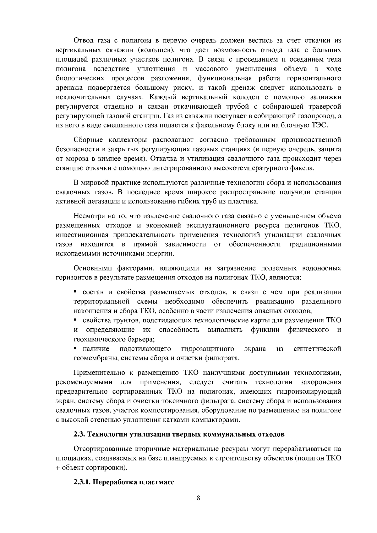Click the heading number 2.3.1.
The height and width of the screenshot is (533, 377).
(82, 482)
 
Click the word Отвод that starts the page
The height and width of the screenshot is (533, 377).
(83, 40)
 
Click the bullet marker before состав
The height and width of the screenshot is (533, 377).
(76, 291)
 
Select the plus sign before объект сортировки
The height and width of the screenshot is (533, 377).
(57, 468)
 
